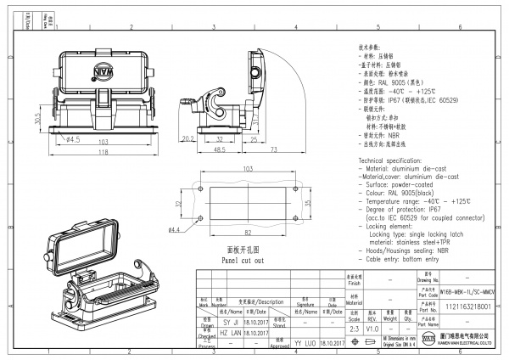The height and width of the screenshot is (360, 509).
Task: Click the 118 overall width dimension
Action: (102, 152)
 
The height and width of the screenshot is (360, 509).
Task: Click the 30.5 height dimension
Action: (37, 120)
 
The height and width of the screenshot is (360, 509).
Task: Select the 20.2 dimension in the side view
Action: (188, 138)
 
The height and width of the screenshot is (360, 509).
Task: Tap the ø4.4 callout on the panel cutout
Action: (176, 229)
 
